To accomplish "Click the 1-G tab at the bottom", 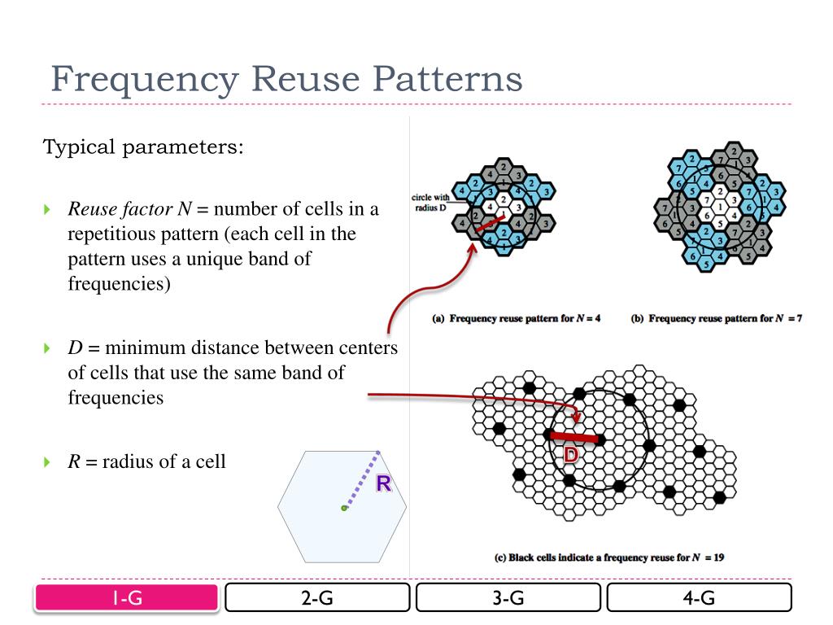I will click(126, 598).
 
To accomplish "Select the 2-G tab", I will click(317, 598).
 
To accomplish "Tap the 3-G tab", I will click(508, 598).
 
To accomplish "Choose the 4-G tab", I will click(699, 598).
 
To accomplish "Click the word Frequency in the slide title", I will click(145, 80).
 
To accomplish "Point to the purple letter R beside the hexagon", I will click(384, 486).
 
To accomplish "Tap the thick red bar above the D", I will click(575, 438).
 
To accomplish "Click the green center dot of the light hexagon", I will click(344, 508).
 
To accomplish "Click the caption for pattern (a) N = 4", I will click(517, 318).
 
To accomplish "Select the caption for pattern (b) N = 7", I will click(717, 318).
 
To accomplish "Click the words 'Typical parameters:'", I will click(143, 148).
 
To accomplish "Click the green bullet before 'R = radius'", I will click(46, 462).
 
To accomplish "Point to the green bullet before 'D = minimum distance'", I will click(46, 349).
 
